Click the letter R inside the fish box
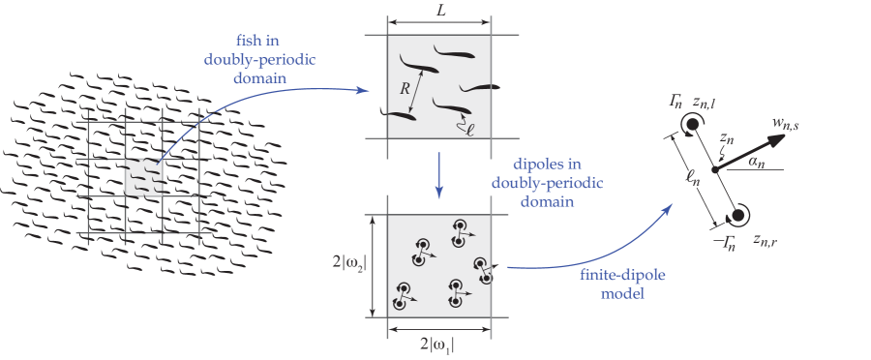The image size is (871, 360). click(405, 88)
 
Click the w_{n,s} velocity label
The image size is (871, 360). click(789, 123)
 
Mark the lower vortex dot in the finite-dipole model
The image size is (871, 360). click(741, 215)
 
